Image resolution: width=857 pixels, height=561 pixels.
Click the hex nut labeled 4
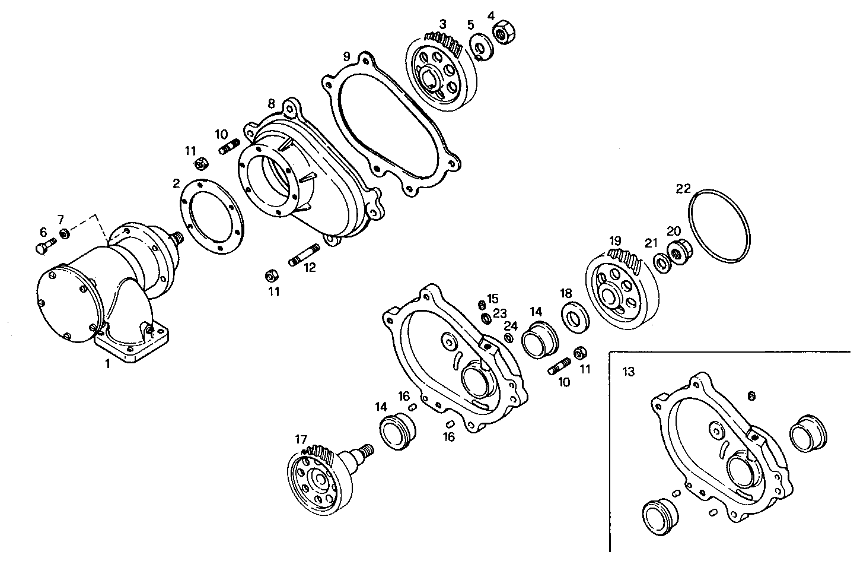coord(503,34)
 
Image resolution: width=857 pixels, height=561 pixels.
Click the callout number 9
coord(346,57)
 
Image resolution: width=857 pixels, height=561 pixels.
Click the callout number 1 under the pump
coord(107,364)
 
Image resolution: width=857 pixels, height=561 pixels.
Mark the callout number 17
coord(301,439)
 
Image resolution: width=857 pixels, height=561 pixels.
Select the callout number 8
coord(271,103)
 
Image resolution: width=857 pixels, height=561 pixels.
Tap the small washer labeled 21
coord(660,261)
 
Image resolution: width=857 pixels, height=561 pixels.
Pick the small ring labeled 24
coord(508,338)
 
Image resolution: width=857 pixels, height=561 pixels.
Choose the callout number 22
coord(683,189)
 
